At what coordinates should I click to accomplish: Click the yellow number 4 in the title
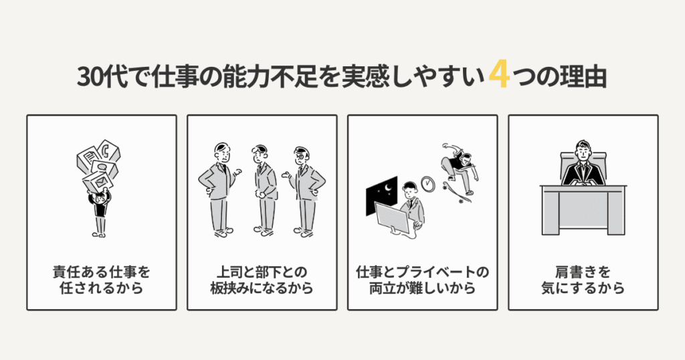point(499,76)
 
